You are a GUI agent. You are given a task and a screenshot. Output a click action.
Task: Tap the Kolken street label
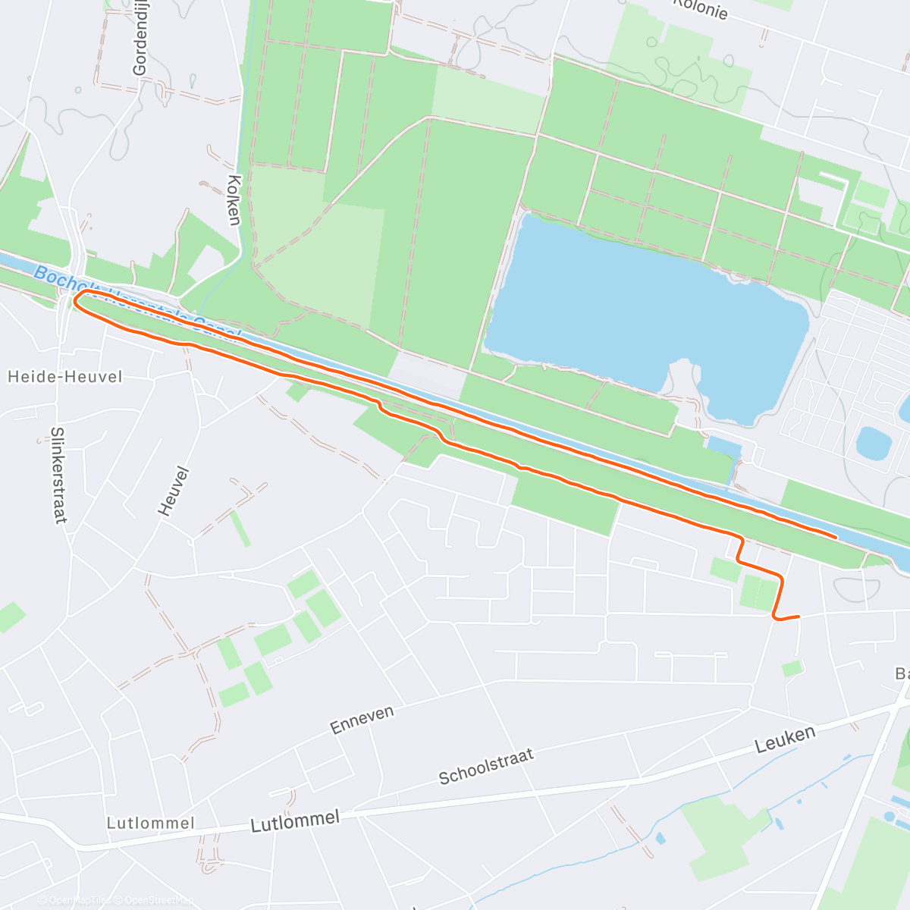coord(234,200)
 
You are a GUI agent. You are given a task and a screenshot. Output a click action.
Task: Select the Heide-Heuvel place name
coord(64,377)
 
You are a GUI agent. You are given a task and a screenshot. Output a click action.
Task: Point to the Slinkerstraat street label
coord(58,475)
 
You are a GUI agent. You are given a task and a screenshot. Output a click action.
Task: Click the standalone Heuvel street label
coord(173,491)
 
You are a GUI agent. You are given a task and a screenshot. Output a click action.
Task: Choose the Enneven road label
coord(362,720)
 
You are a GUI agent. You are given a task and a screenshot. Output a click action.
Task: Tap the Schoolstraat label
coord(486,766)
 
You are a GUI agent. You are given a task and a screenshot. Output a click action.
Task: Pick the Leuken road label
coord(785,739)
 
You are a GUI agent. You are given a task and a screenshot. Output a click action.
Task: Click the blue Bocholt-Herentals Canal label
coord(136,302)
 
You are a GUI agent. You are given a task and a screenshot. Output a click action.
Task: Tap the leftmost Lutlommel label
coord(150,824)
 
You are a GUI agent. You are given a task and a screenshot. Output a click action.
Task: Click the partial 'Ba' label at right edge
coord(902,673)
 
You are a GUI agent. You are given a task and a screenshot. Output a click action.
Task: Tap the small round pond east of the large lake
coord(873,443)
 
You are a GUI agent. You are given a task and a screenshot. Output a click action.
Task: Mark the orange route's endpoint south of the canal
coord(799,617)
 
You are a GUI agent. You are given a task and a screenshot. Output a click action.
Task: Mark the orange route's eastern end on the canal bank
coord(836,536)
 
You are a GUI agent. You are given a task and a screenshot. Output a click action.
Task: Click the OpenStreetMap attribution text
coord(156,900)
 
